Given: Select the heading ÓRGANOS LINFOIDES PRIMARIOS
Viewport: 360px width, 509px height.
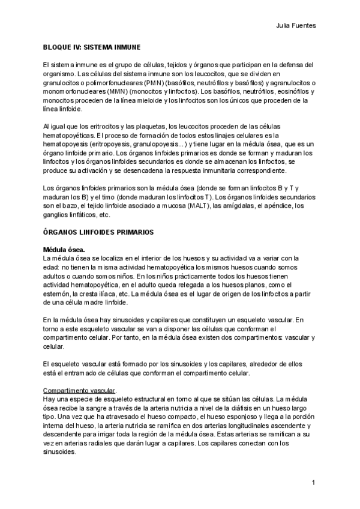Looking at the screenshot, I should [99, 231].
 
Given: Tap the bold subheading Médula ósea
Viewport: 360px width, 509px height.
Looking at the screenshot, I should [64, 249].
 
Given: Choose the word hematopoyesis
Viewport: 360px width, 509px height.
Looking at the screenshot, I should [68, 144].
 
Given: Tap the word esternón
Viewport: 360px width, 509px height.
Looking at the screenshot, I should [59, 294].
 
